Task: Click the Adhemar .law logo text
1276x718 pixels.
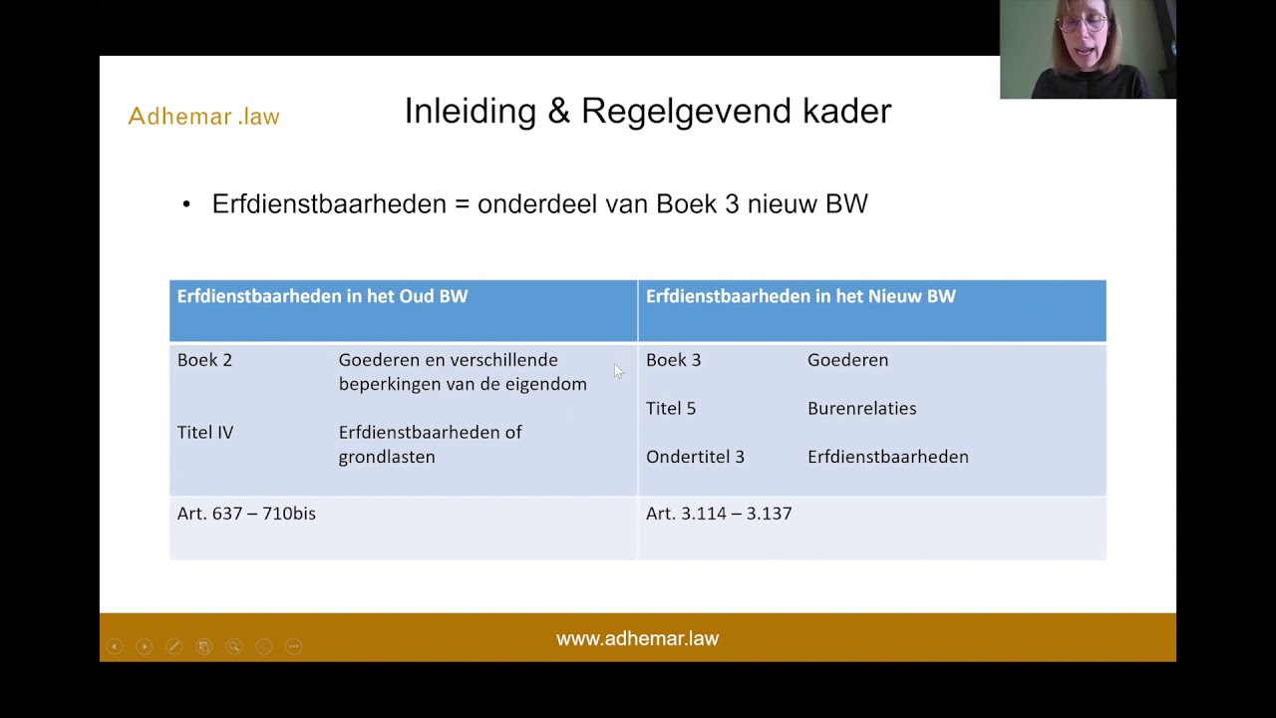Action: click(x=203, y=117)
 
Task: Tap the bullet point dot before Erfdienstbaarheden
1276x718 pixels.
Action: click(x=186, y=204)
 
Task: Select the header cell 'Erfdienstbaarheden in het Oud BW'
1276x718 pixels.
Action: click(x=322, y=296)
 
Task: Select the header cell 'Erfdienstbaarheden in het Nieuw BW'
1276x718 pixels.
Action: click(x=800, y=296)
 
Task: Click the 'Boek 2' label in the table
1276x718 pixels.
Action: click(x=204, y=360)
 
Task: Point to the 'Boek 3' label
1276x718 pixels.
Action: click(x=673, y=360)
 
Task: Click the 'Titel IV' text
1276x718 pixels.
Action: click(x=205, y=433)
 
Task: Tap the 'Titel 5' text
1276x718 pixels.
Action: click(x=671, y=409)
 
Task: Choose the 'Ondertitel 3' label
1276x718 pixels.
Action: click(x=695, y=457)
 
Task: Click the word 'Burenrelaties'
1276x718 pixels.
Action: click(x=861, y=409)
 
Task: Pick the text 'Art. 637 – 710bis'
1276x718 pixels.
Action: click(x=246, y=514)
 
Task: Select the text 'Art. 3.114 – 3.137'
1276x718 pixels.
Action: click(x=719, y=514)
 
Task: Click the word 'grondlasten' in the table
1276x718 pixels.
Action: click(x=387, y=457)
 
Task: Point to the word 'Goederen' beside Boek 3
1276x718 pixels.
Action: click(x=847, y=360)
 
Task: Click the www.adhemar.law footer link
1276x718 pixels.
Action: click(x=637, y=639)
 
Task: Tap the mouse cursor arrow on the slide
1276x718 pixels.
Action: click(x=618, y=371)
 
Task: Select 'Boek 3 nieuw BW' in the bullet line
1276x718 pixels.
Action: click(x=762, y=204)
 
